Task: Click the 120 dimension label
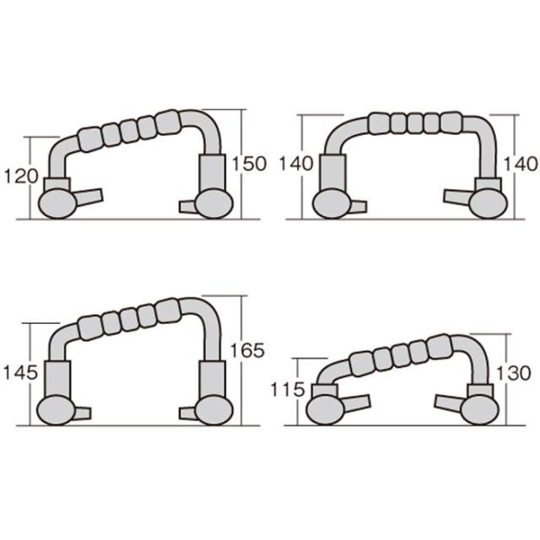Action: pos(20,176)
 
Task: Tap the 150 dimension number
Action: pos(250,164)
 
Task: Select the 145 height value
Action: pos(20,373)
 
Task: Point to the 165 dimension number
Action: pos(247,351)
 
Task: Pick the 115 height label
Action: pos(288,390)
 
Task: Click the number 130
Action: pos(513,373)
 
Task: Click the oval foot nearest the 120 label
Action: pos(57,204)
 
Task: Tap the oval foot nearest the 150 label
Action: pos(214,204)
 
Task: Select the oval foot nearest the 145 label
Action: pos(56,411)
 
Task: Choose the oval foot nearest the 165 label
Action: pos(214,411)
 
